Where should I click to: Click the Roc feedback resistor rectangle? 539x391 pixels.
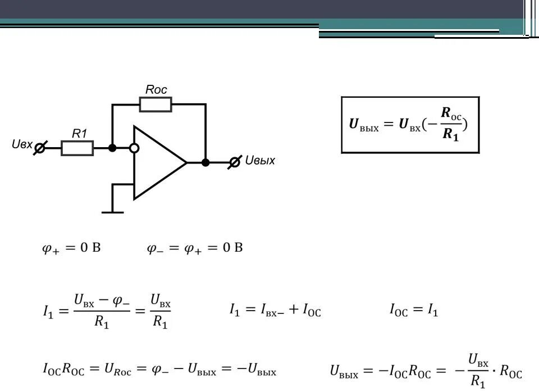(156, 104)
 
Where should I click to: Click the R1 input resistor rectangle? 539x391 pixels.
(77, 148)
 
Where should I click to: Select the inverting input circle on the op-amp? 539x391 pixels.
(134, 148)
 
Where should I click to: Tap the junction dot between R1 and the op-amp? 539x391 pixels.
(112, 148)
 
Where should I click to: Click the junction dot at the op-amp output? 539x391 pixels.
(205, 162)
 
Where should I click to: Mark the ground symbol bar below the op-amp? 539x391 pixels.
(112, 212)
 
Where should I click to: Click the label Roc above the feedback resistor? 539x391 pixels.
(156, 89)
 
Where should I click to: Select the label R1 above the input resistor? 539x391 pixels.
(79, 133)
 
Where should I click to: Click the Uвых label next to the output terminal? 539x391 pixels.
(261, 161)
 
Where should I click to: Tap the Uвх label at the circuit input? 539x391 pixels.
(22, 144)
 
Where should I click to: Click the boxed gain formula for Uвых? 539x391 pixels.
(410, 124)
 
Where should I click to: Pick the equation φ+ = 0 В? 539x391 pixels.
(71, 248)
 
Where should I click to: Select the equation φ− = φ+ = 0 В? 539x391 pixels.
(195, 248)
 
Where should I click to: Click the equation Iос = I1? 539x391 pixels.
(414, 310)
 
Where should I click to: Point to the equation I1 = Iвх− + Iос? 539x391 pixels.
(275, 310)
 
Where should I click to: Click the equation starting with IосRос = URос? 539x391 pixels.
(159, 370)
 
